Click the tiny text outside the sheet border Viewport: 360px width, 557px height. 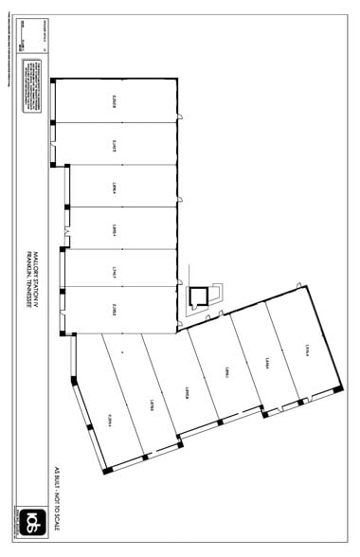pos(8,57)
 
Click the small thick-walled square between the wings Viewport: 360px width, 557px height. pos(197,296)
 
